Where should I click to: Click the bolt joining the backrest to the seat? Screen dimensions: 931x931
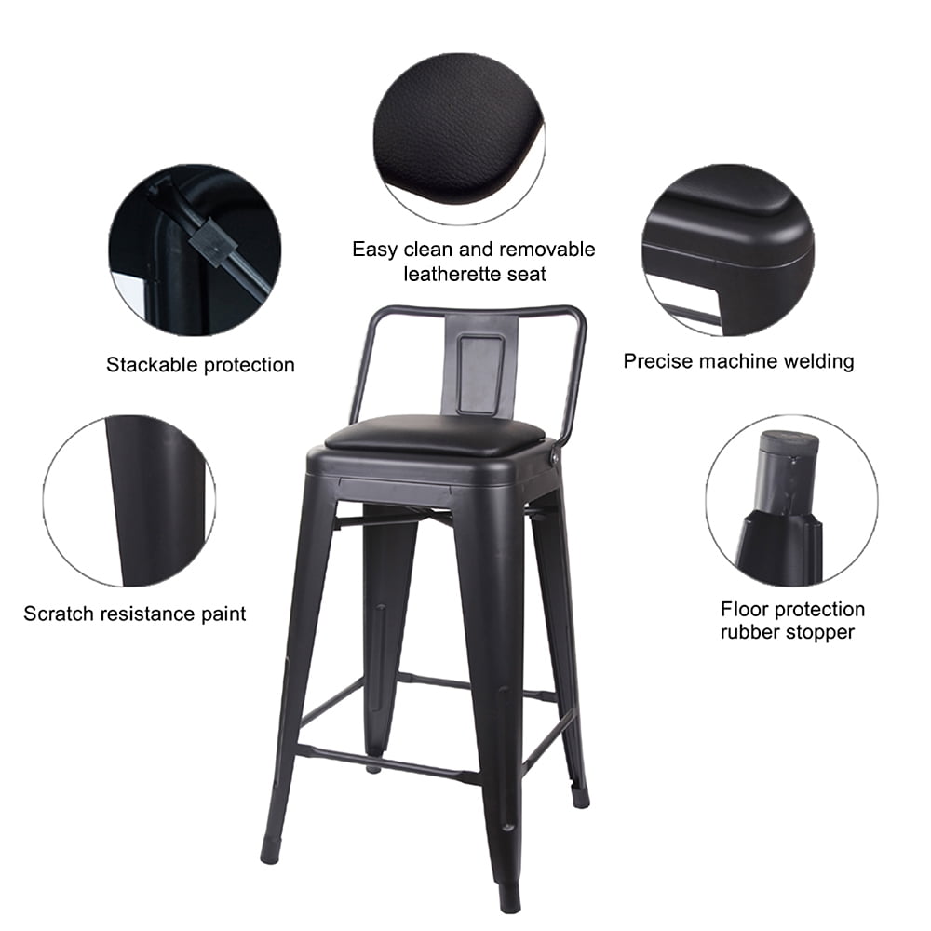coord(554,457)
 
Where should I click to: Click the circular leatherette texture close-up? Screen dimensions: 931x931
coord(459,139)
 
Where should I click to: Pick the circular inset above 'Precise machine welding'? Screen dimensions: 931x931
coord(728,250)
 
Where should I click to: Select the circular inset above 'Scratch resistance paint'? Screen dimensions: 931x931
coord(128,501)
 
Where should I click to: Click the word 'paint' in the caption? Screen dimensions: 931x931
coord(223,614)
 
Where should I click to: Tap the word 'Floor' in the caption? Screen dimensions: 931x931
coord(742,609)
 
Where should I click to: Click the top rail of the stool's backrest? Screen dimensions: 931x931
coord(478,310)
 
